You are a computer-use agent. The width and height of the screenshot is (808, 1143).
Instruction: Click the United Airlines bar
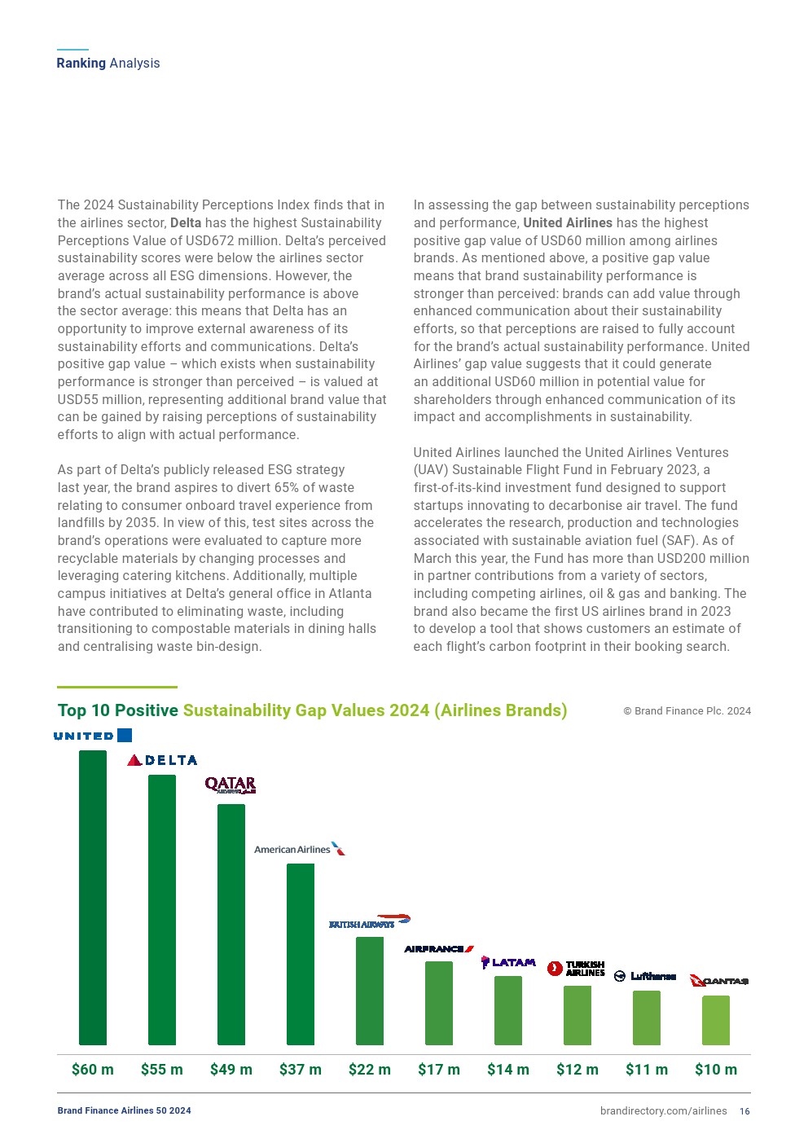coord(93,896)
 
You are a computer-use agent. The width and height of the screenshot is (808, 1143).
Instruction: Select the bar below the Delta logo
coord(162,908)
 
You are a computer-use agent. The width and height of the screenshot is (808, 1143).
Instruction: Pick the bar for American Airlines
coord(301,953)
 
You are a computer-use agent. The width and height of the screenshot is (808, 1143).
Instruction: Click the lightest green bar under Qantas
coord(716,1020)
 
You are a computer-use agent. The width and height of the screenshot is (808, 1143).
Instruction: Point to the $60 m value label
coord(93,1069)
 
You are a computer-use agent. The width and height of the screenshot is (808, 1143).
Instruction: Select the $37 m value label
coord(301,1069)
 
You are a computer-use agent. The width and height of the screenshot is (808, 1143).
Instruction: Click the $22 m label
coord(370,1069)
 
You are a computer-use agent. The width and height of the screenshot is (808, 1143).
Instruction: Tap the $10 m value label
coord(716,1069)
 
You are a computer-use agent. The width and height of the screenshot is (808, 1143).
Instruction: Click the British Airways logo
coord(369,922)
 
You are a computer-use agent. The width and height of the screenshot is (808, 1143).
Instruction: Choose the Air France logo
coord(439,948)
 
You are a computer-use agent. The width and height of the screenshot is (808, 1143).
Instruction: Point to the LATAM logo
coord(508,962)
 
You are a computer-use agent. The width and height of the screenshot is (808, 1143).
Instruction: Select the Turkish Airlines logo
coord(576,968)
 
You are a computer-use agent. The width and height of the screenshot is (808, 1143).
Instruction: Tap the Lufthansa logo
coord(645,976)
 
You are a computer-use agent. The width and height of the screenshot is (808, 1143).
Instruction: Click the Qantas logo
coord(718,980)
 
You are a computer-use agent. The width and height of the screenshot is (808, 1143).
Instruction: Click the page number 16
coord(744,1111)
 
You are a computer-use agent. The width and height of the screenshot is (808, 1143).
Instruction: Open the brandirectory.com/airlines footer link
coord(663,1111)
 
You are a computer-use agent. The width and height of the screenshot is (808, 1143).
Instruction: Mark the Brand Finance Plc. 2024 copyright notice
coord(687,711)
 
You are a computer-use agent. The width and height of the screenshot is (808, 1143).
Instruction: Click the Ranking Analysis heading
coord(108,64)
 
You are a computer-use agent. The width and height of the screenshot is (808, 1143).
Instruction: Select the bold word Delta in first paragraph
coord(186,223)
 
